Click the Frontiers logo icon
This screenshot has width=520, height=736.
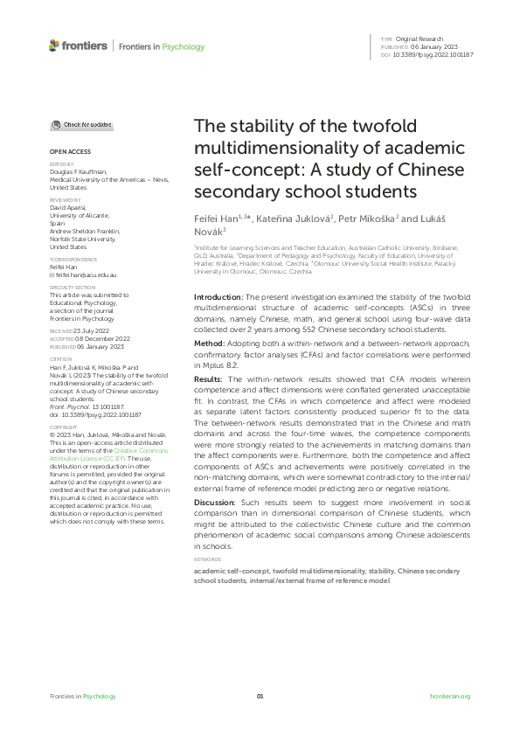coord(54,45)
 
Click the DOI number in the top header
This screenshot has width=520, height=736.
coord(434,55)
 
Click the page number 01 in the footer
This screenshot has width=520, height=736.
coord(260,696)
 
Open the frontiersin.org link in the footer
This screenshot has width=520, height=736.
coord(450,696)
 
